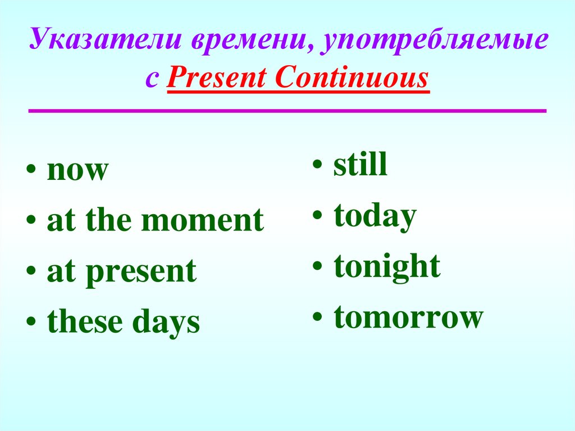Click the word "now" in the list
click(76, 171)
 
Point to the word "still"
click(360, 165)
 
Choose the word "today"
click(375, 217)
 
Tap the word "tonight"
click(387, 267)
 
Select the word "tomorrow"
click(408, 317)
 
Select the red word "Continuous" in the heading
click(352, 78)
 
